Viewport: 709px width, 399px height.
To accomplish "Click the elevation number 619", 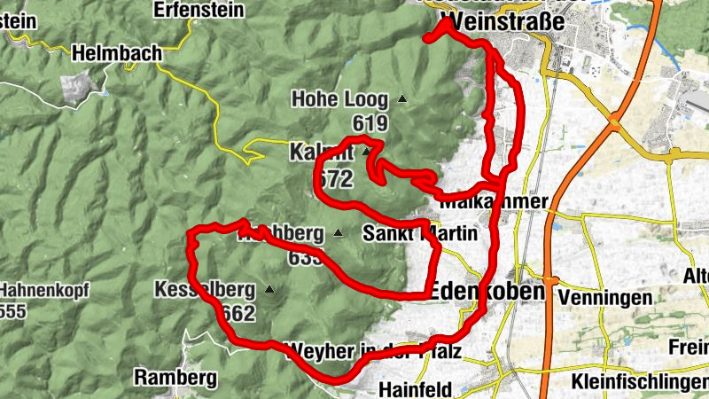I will [x=370, y=122].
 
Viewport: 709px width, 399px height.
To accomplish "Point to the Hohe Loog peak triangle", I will [x=402, y=99].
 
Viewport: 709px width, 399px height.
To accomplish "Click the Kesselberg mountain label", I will [x=204, y=290].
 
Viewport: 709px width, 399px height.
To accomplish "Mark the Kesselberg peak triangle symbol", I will [x=269, y=289].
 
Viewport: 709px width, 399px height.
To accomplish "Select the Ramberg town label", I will [x=175, y=378].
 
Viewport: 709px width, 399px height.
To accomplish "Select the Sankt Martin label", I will [x=420, y=234].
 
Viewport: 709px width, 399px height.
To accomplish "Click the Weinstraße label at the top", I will [x=502, y=21].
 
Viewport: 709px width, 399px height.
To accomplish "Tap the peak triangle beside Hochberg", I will [x=338, y=233].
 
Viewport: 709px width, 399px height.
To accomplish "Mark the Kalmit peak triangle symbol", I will [x=364, y=152].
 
